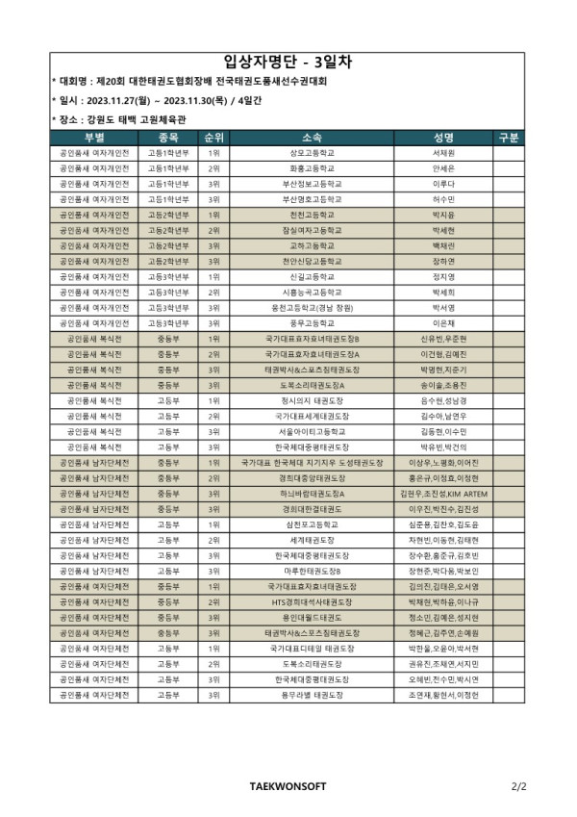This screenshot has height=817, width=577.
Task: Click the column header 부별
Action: pos(94,138)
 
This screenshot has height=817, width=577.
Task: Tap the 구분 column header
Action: pos(509,138)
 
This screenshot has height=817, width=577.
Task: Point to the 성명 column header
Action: pos(443,138)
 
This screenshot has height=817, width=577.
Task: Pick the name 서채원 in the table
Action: pos(443,153)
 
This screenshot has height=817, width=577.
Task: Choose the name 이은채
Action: pos(443,323)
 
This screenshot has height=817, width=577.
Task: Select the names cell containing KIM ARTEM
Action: pos(443,494)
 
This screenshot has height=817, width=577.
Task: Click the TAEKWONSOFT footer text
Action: pos(288,786)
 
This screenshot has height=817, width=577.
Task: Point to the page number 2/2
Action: pos(519,786)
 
